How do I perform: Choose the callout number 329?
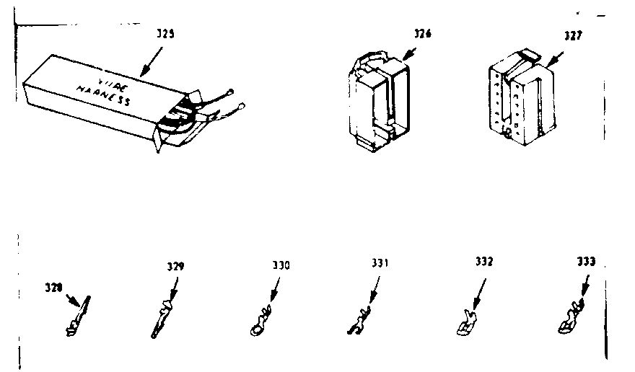tap(173, 267)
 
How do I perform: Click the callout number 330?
tap(281, 265)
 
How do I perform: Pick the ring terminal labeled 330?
tap(260, 324)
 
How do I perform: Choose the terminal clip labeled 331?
tap(359, 322)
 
